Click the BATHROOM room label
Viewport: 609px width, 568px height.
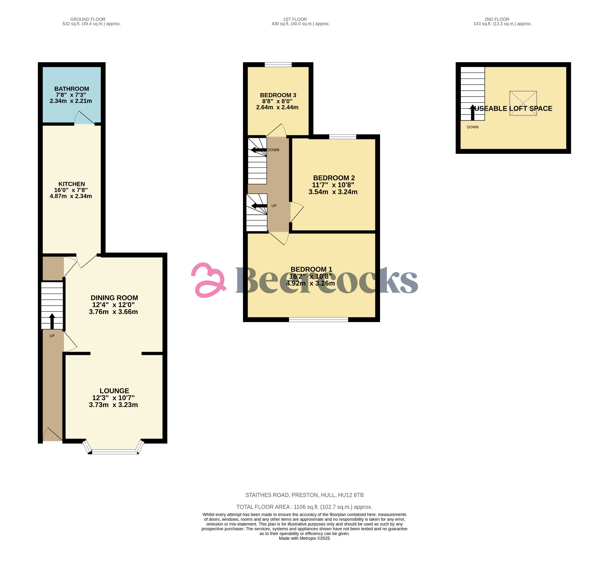(71, 89)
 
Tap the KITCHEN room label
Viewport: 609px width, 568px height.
(71, 184)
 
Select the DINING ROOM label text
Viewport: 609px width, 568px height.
(114, 298)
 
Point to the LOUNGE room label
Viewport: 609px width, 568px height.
(114, 391)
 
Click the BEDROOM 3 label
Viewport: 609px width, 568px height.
(278, 95)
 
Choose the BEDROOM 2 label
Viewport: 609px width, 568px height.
(334, 178)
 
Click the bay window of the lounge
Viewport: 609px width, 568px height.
(114, 452)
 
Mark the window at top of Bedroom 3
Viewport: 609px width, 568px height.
(278, 64)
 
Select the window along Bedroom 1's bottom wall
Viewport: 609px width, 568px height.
(318, 320)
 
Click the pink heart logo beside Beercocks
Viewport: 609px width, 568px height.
(208, 280)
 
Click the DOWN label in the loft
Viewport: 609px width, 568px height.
(473, 127)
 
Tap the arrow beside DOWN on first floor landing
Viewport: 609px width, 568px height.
(258, 150)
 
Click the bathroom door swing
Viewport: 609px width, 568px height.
(84, 118)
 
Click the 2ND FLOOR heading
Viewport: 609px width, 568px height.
(497, 19)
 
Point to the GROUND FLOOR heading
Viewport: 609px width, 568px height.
(88, 19)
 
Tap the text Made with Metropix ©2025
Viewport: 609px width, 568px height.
(304, 538)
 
